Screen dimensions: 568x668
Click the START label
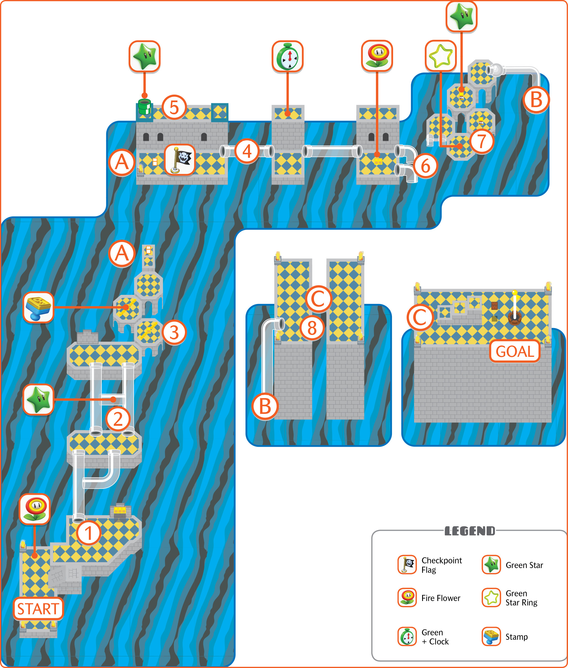click(38, 609)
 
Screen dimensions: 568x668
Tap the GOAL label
click(515, 351)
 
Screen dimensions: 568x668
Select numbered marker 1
click(89, 533)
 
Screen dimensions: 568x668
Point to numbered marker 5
click(174, 107)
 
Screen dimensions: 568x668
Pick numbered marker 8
click(312, 328)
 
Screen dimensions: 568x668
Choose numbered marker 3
click(174, 332)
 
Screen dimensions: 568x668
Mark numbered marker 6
click(426, 166)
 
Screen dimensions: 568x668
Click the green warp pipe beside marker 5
click(144, 107)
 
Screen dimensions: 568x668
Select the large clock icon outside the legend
click(288, 56)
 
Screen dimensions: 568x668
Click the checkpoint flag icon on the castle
click(180, 159)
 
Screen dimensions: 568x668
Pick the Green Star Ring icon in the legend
click(491, 597)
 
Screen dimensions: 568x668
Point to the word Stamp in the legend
click(517, 637)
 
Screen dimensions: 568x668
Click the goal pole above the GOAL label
click(515, 306)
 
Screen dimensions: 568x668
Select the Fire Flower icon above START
click(35, 509)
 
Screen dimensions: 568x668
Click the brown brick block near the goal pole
click(494, 306)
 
